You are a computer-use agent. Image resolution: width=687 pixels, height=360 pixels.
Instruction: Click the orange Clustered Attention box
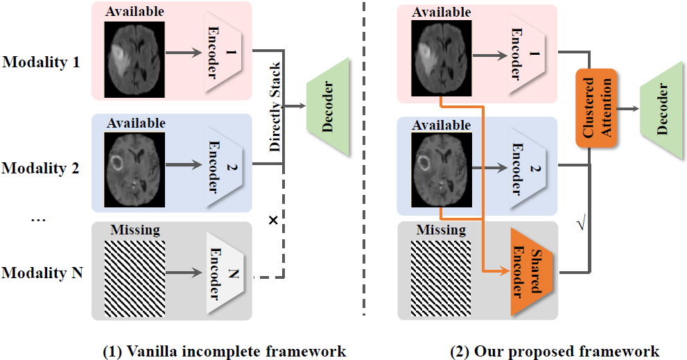pos(596,108)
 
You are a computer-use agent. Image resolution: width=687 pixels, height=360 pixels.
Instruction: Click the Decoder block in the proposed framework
pos(662,109)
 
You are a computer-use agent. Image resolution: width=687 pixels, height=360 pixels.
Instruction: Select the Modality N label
pos(42,273)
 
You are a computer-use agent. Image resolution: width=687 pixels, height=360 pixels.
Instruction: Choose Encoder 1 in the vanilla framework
pos(225,53)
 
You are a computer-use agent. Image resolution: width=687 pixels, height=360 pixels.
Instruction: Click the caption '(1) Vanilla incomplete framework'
pos(224,350)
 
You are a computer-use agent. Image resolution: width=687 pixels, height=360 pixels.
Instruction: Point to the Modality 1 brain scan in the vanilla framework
pos(134,60)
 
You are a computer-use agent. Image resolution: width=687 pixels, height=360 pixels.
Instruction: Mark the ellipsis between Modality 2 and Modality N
pos(39,220)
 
